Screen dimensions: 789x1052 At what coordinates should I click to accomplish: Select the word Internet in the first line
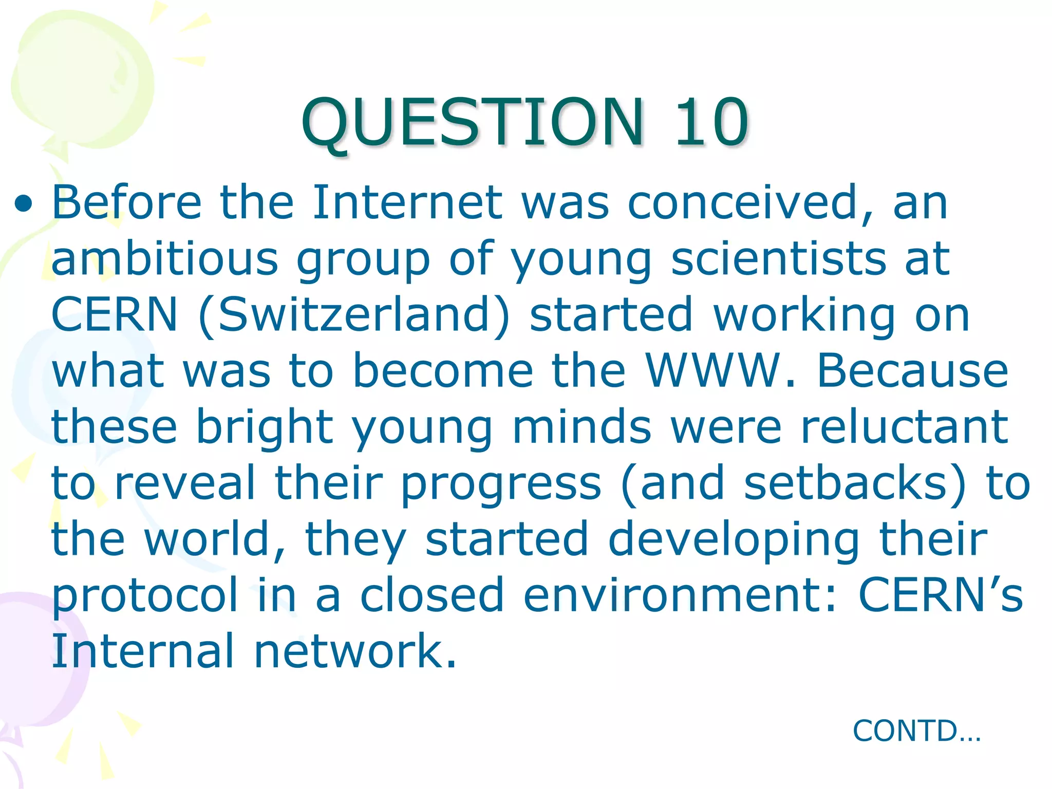tap(407, 202)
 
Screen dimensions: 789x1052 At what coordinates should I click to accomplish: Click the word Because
tap(912, 370)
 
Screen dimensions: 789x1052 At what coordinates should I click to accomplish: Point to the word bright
tap(265, 427)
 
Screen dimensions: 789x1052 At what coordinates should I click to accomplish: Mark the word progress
tap(501, 484)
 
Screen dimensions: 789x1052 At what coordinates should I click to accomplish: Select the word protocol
tap(145, 596)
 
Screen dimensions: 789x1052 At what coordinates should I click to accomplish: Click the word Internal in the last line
tap(143, 651)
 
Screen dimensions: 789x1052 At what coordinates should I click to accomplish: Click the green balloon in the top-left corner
tap(82, 77)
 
